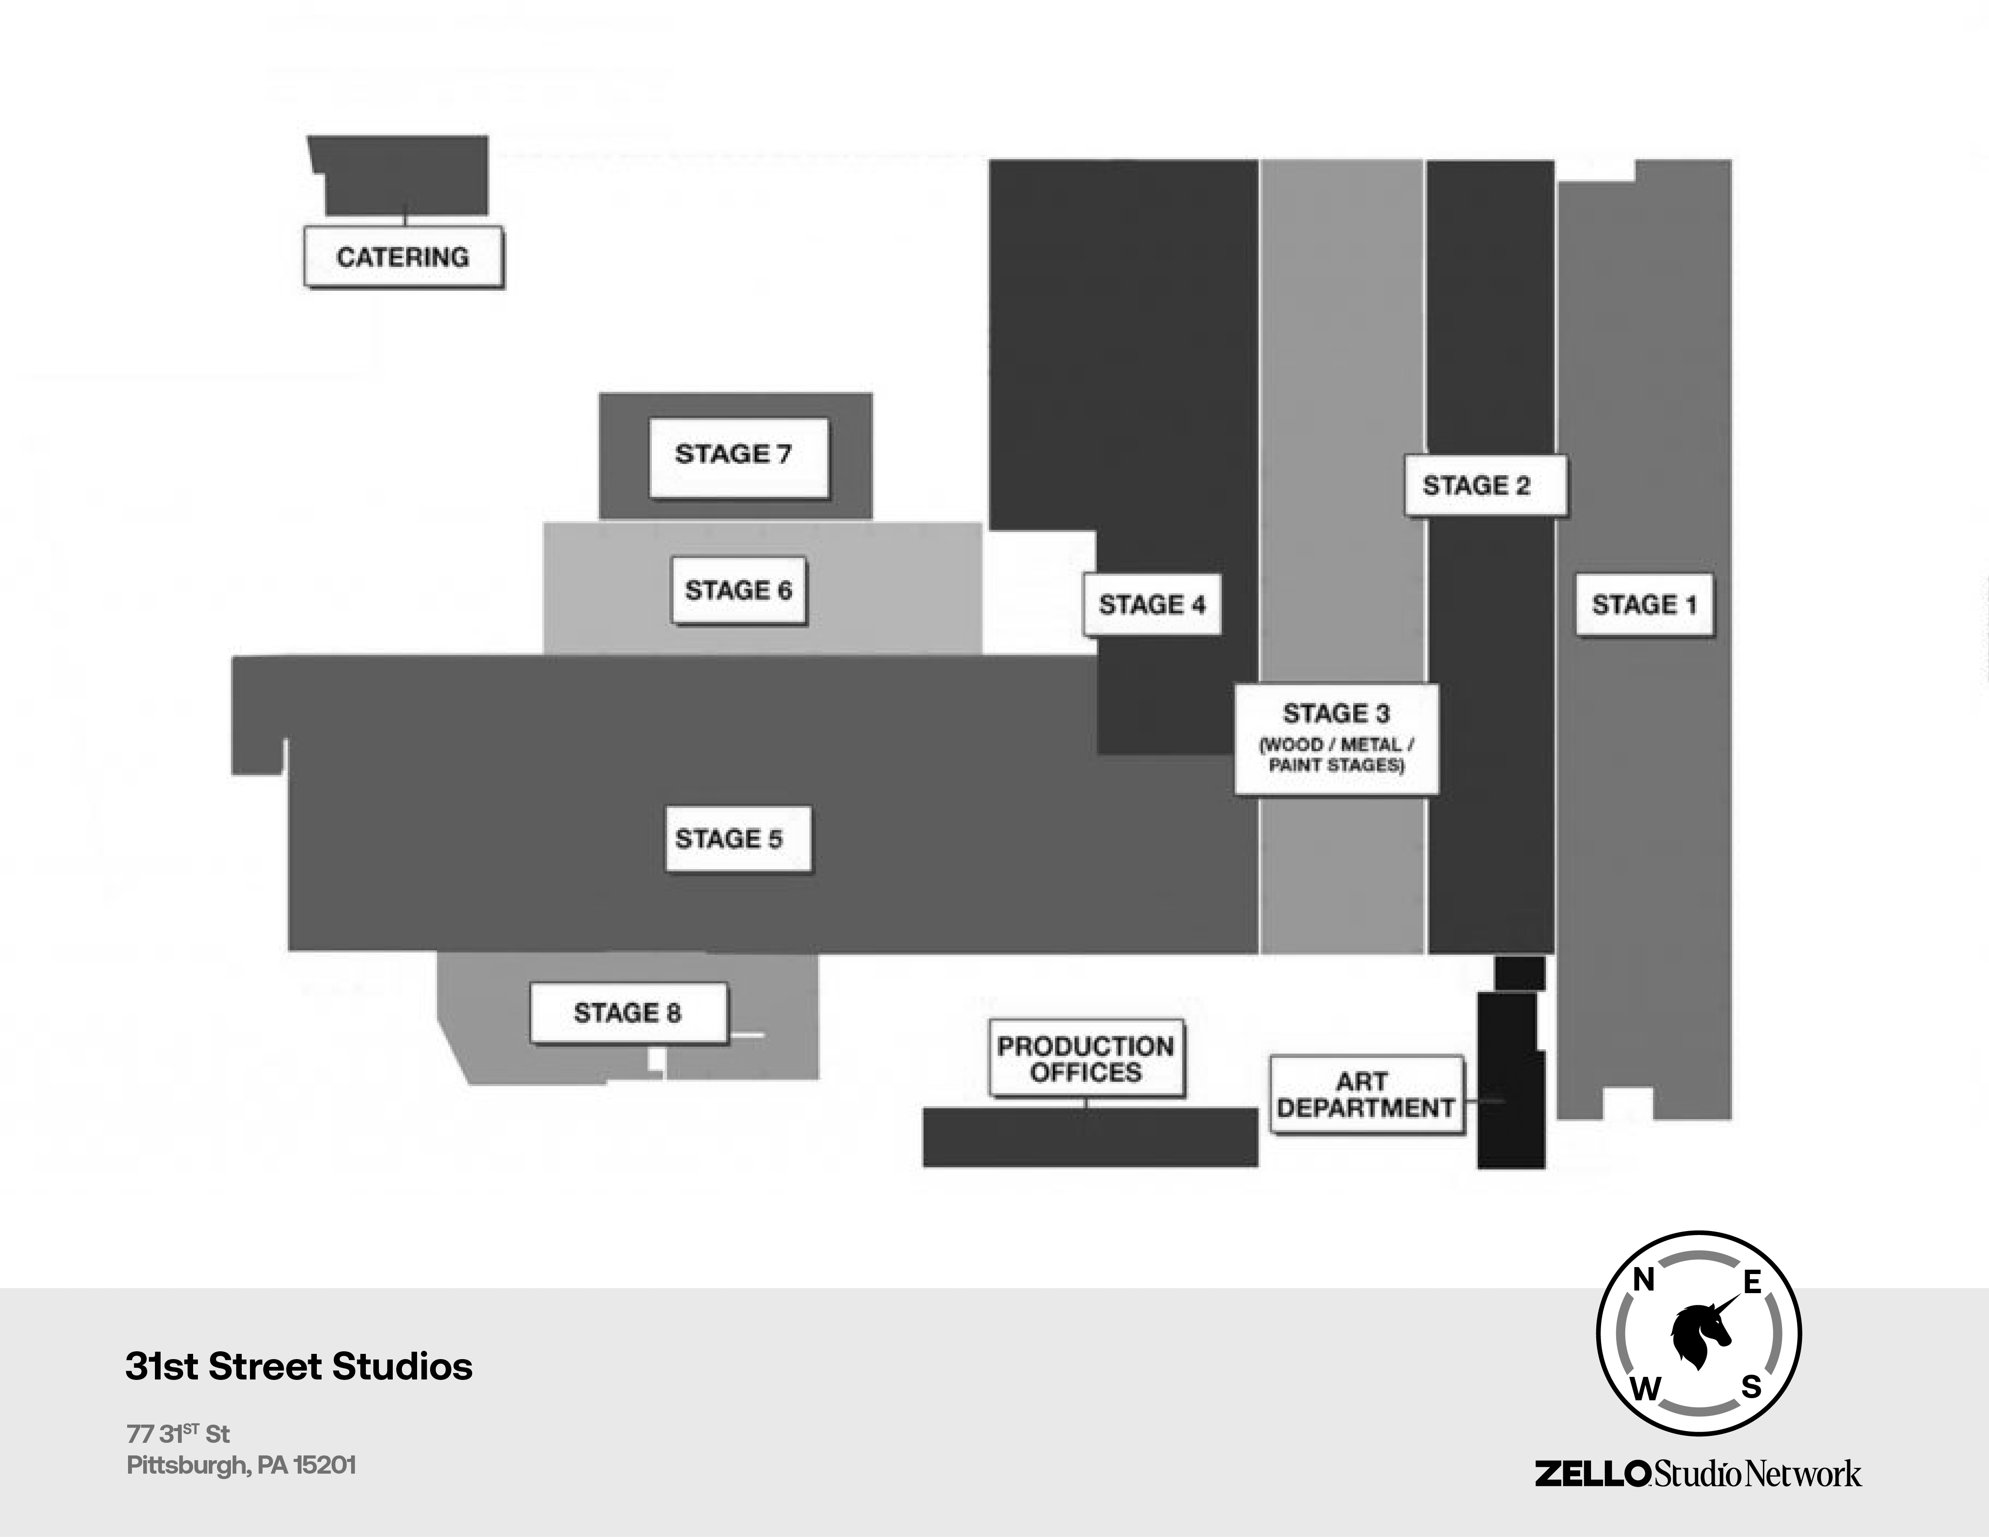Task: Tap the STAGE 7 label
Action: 738,456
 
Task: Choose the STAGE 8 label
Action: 628,1012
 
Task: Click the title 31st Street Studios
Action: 299,1367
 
